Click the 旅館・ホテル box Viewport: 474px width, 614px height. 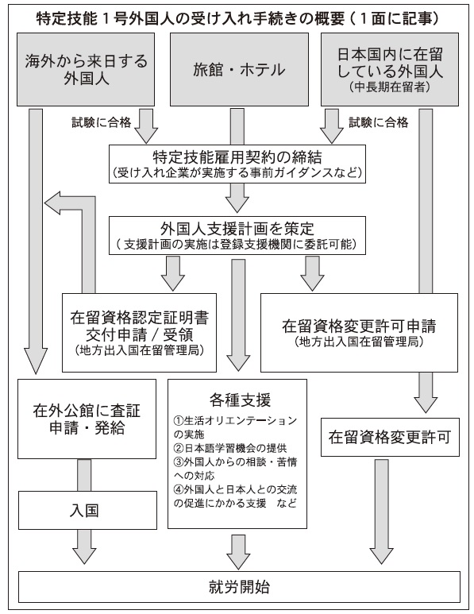click(x=239, y=69)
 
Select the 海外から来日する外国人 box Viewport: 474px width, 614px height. click(x=85, y=69)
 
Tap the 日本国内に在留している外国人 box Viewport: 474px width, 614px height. click(x=390, y=69)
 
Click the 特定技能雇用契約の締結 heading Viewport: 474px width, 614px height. click(x=237, y=157)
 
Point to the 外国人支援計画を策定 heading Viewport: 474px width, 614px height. click(x=237, y=229)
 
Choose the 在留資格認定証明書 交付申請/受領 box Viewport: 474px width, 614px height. click(x=140, y=333)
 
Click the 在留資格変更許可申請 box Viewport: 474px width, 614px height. click(x=359, y=333)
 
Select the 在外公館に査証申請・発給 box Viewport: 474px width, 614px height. click(x=87, y=419)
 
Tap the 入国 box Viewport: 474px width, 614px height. click(x=87, y=511)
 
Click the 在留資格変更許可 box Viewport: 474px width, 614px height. click(x=390, y=437)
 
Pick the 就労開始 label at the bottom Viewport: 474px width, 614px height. click(x=239, y=587)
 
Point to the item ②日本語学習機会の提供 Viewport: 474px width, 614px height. click(x=230, y=448)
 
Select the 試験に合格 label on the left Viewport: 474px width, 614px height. click(x=102, y=122)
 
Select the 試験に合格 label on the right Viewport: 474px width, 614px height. click(x=379, y=122)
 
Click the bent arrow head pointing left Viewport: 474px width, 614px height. click(x=52, y=203)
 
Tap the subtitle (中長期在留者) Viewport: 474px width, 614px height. click(x=390, y=87)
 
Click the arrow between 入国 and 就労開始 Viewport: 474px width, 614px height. click(x=84, y=546)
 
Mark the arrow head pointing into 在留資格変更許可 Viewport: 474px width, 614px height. click(x=426, y=404)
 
